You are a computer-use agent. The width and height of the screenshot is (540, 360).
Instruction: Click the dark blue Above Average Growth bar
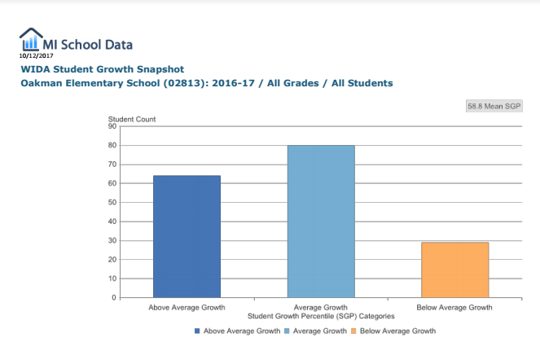pos(187,236)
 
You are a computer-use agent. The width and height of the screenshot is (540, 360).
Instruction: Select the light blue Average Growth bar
pos(320,222)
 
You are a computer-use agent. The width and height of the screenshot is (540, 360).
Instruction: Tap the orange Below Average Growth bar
pos(454,270)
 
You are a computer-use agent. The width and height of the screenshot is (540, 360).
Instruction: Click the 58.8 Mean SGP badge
pos(494,106)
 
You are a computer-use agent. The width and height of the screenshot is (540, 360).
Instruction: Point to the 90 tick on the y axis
pos(112,126)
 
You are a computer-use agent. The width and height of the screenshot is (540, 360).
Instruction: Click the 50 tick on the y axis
pos(112,202)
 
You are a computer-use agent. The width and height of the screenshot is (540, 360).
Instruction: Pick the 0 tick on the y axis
pos(115,297)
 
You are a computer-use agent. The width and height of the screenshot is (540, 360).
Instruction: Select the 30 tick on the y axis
pos(112,240)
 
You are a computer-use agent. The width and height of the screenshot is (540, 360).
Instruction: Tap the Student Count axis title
pos(132,119)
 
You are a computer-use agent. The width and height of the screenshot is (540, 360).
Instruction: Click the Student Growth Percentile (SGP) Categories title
pos(321,315)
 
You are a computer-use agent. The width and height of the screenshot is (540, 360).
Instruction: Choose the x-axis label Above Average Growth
pos(187,308)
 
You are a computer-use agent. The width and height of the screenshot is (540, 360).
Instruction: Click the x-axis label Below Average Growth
pos(454,308)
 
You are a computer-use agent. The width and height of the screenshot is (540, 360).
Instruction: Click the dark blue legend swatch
pos(198,331)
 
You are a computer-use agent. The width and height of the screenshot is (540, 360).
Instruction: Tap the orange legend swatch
pos(354,331)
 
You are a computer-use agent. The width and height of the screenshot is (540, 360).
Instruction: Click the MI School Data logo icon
pos(32,40)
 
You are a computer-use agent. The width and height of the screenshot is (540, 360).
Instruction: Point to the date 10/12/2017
pos(36,55)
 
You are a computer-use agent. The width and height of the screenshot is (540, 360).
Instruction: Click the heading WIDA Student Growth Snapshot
pos(103,69)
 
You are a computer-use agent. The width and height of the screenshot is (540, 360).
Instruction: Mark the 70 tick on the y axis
pos(112,165)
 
